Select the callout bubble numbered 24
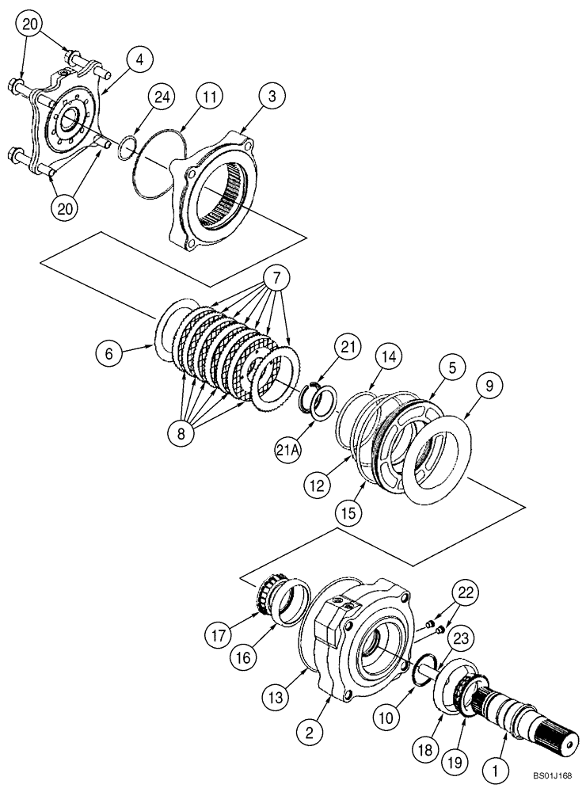(x=162, y=97)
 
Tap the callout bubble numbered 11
(x=208, y=97)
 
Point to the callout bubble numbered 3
(x=272, y=97)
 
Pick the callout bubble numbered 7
(x=276, y=278)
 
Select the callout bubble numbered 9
(x=489, y=386)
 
